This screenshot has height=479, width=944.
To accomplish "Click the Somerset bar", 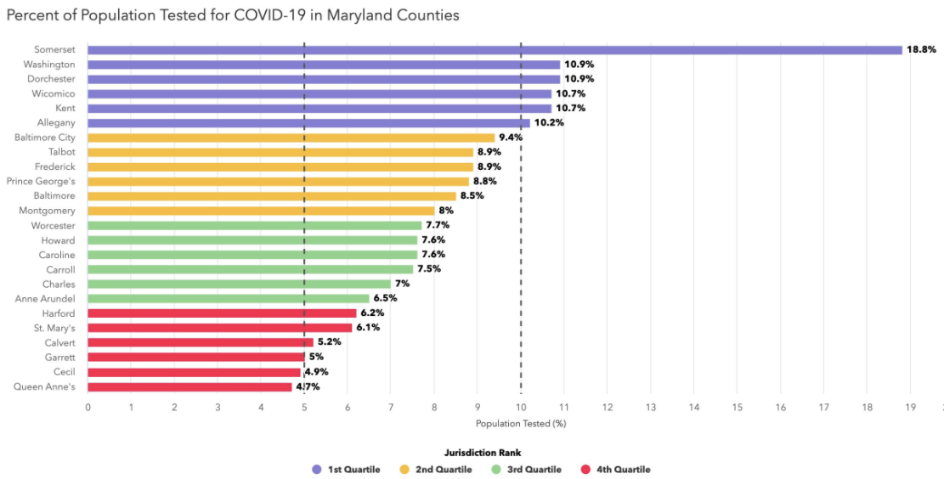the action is click(495, 50).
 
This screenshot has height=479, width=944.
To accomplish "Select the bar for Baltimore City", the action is click(291, 138).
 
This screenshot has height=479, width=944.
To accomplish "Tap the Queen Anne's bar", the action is click(189, 387).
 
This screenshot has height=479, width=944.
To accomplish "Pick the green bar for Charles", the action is click(239, 284).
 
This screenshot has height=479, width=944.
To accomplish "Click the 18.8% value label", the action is click(921, 50).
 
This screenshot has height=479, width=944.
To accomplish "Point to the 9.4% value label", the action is click(511, 138).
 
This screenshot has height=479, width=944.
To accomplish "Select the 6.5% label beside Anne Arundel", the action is click(385, 298).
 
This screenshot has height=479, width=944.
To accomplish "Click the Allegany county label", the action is click(57, 123).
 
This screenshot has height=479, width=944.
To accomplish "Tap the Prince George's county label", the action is click(41, 181).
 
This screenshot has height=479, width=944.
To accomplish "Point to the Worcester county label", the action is click(54, 226).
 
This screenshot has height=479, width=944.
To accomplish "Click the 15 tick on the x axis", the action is click(737, 408).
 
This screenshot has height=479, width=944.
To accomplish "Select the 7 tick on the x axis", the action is click(391, 408).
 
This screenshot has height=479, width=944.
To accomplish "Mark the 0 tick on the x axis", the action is click(88, 408).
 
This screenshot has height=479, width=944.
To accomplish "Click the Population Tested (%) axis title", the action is click(521, 424).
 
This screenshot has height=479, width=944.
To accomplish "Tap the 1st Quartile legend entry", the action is click(346, 470).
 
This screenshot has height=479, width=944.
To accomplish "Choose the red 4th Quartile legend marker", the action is click(587, 470).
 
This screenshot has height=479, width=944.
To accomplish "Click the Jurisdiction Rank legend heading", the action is click(483, 452).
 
